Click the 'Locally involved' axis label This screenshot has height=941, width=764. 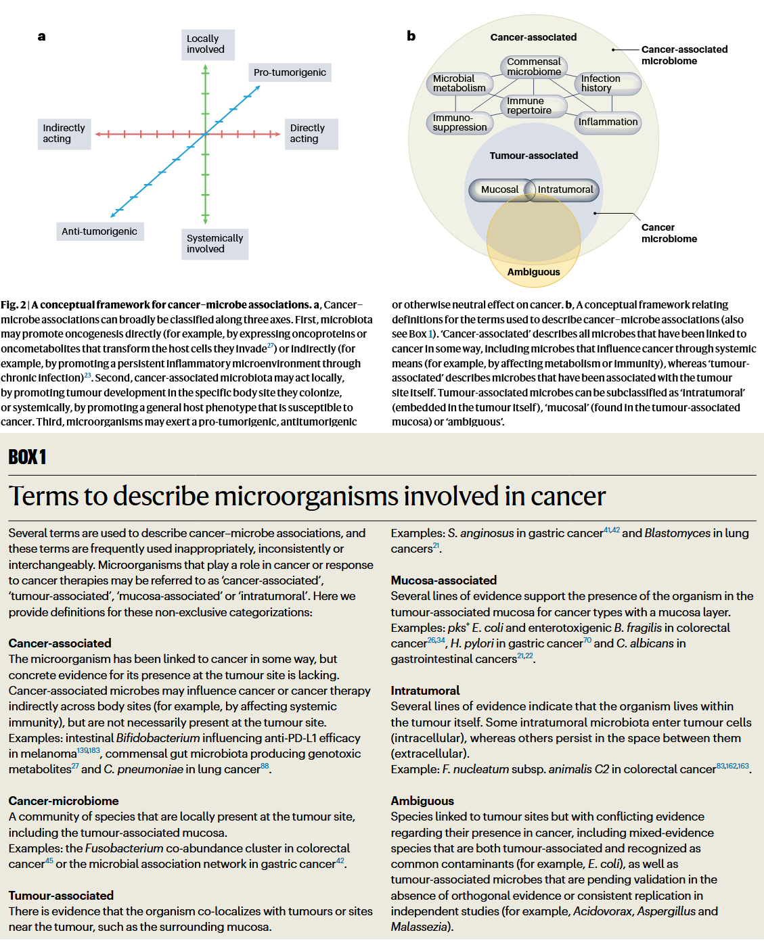point(207,45)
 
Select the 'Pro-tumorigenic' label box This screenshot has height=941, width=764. point(290,72)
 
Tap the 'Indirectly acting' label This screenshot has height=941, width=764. point(64,133)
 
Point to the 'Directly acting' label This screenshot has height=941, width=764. point(311,133)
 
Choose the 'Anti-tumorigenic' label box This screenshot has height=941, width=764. point(99,231)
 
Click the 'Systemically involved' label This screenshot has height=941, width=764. point(215,244)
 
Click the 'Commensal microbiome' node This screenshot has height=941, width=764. point(534,66)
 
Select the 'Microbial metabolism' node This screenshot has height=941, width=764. point(459,83)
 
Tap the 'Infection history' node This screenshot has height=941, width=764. point(606,83)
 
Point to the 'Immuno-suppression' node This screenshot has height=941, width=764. point(459,122)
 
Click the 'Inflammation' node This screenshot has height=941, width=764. point(608,122)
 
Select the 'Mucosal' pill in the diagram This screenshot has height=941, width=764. point(499,189)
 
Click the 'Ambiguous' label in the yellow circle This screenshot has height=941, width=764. point(534,272)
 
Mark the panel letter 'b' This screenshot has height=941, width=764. point(411,37)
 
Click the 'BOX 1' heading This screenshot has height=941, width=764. point(27,457)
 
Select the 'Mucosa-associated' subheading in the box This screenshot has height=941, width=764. point(444,580)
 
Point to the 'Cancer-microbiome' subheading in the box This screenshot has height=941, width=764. point(64,801)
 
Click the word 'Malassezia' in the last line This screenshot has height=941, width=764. point(419,927)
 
